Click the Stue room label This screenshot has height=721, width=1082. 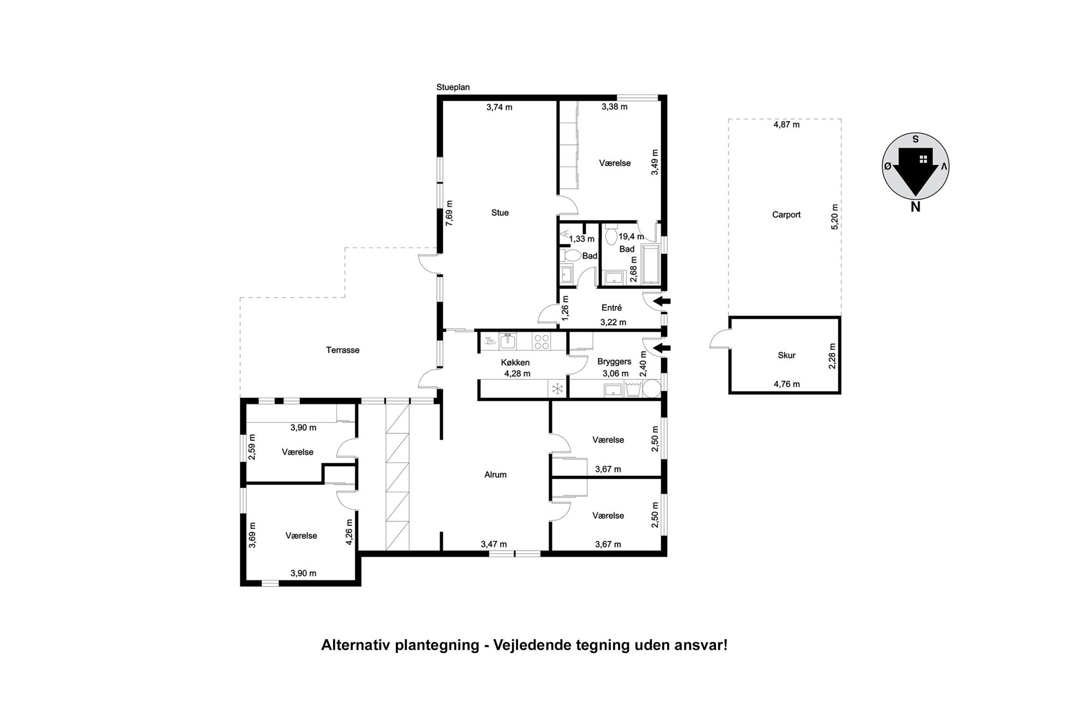tap(500, 213)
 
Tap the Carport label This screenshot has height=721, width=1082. tap(786, 215)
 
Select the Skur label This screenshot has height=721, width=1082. tap(786, 355)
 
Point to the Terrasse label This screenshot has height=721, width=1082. tap(342, 350)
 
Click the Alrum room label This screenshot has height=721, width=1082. tap(495, 475)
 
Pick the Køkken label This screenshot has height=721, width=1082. tap(515, 362)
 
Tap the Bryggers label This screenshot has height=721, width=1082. tap(614, 362)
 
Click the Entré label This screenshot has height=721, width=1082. tap(611, 308)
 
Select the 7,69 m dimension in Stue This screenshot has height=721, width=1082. tap(449, 213)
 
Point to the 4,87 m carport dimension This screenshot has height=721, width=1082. tap(786, 124)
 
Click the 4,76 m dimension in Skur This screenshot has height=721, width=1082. tap(786, 384)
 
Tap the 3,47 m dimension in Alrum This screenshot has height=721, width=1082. tap(494, 544)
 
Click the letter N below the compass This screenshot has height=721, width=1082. tap(915, 207)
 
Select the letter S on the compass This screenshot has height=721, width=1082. tap(916, 138)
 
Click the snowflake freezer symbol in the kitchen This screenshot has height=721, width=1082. tap(557, 389)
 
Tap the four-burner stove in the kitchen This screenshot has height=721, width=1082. tap(542, 341)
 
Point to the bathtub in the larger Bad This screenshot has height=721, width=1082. tap(651, 264)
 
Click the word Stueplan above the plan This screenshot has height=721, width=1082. tap(453, 87)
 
